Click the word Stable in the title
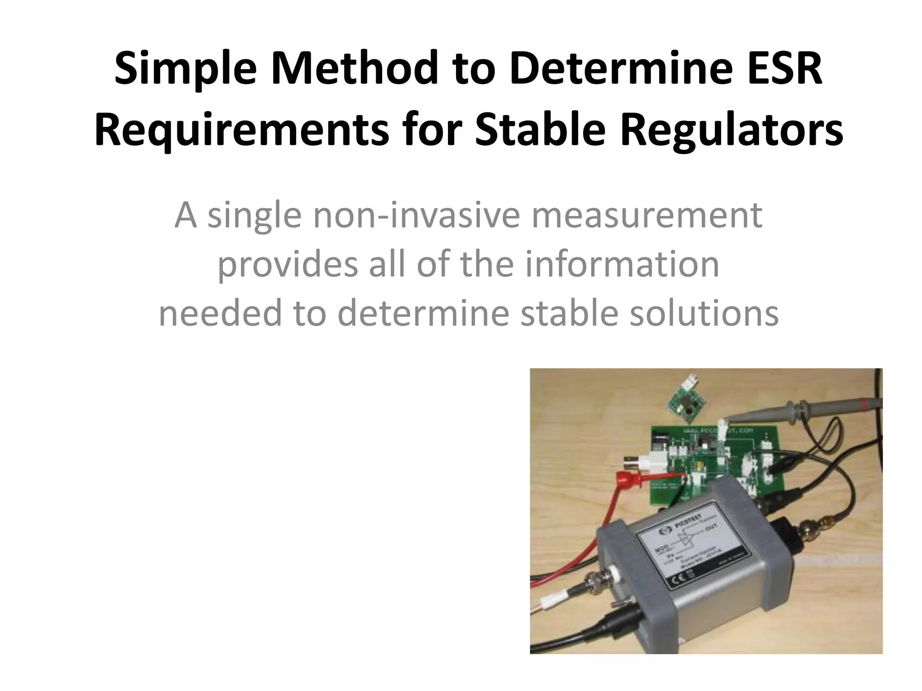[x=540, y=130]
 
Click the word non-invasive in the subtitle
[x=417, y=216]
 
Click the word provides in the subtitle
[x=288, y=265]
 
